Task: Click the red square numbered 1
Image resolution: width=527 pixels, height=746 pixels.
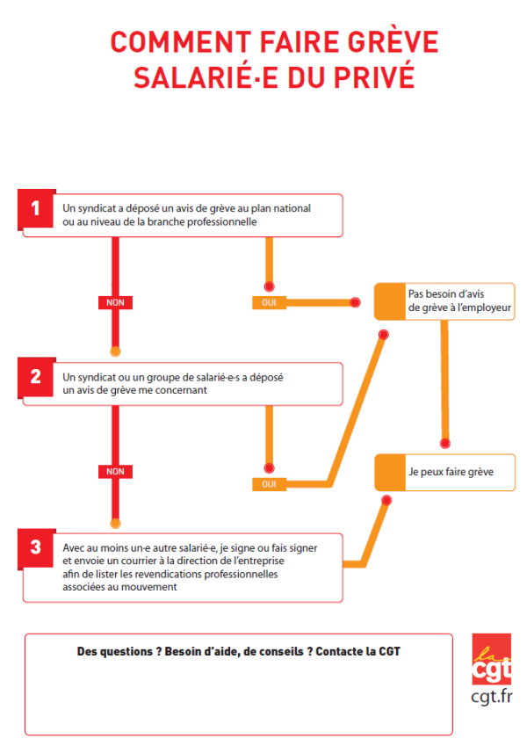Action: pyautogui.click(x=36, y=209)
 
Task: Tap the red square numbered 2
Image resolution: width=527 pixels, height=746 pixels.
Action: pyautogui.click(x=36, y=377)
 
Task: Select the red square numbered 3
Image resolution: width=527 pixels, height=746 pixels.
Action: pyautogui.click(x=36, y=548)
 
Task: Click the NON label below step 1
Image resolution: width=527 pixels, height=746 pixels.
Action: pyautogui.click(x=115, y=302)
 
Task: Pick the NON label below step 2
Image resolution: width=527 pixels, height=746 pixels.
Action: pyautogui.click(x=115, y=472)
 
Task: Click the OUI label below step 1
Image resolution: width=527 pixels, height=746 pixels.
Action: pyautogui.click(x=269, y=302)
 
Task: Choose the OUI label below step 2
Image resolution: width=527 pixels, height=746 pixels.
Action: pyautogui.click(x=269, y=484)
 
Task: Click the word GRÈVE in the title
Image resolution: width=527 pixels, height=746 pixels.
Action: pyautogui.click(x=393, y=41)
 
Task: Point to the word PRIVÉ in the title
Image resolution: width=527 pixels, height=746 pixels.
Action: pyautogui.click(x=374, y=77)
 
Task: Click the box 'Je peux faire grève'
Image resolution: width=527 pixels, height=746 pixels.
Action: pyautogui.click(x=444, y=473)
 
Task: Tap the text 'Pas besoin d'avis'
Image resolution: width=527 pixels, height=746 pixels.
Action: pyautogui.click(x=446, y=294)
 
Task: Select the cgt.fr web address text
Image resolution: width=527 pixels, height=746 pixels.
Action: pyautogui.click(x=492, y=697)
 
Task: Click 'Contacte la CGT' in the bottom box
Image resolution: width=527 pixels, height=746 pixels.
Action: pyautogui.click(x=357, y=651)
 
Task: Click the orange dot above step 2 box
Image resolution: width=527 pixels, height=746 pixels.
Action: pyautogui.click(x=115, y=351)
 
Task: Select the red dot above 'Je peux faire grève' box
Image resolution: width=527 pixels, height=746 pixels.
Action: pyautogui.click(x=444, y=444)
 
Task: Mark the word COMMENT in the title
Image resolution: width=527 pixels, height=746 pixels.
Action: pyautogui.click(x=181, y=41)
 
